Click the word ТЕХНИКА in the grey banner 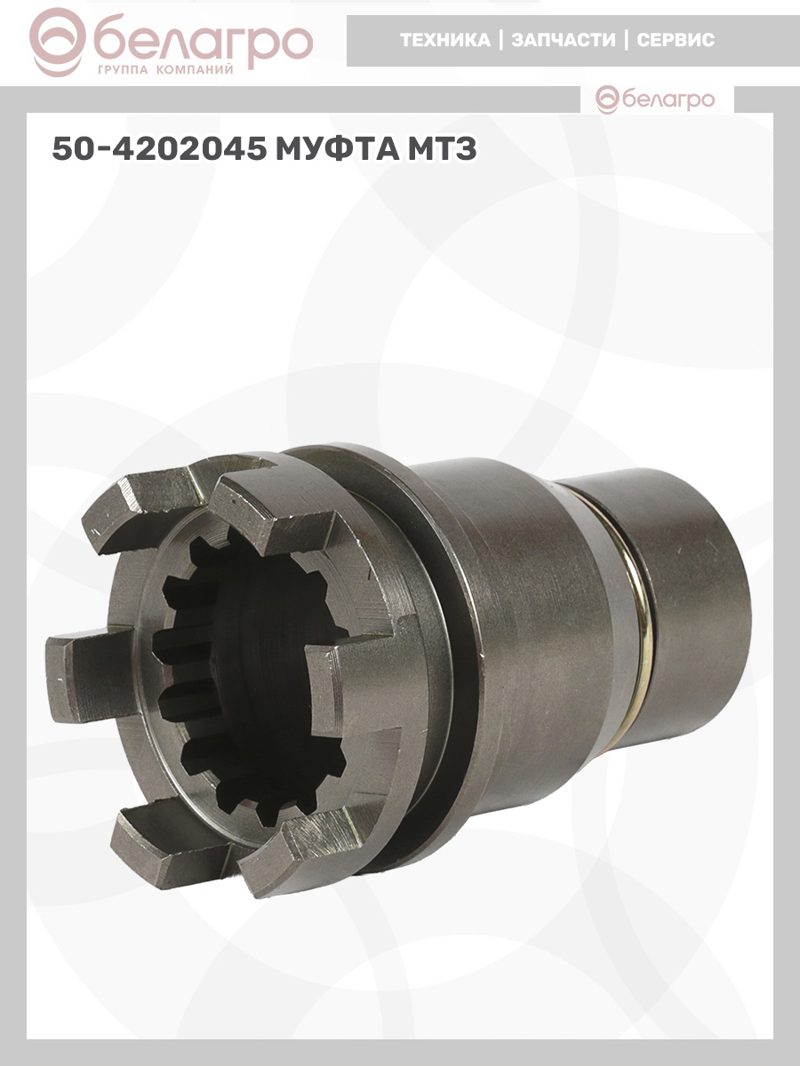click(x=445, y=40)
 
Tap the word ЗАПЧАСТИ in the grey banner click(x=563, y=40)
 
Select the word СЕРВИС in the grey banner click(x=676, y=40)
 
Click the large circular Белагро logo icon click(x=58, y=43)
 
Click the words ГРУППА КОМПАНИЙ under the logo click(x=165, y=70)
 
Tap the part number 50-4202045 click(x=160, y=148)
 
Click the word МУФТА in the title click(x=337, y=148)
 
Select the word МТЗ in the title click(x=442, y=148)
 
